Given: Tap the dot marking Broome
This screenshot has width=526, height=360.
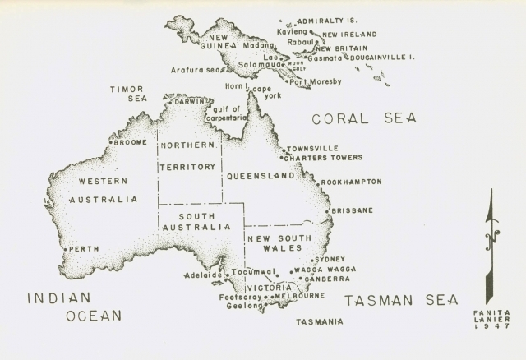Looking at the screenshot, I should coord(110,142).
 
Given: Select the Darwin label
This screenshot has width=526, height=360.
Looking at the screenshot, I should coord(191,101).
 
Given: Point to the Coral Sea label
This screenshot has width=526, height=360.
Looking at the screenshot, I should coord(362,118).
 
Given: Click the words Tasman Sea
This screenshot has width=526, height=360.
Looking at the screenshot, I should coord(400,300).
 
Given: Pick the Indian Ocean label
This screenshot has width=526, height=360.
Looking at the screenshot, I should coord(74,306).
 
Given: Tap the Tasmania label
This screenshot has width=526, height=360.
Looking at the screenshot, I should coord(320,321).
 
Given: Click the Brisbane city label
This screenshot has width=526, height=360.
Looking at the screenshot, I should coord(353,210).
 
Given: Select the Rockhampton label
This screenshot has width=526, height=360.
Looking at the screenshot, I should coord(352,182).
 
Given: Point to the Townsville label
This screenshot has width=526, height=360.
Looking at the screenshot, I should coord(312,149).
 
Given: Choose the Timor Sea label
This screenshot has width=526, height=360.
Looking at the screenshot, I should coord(127,93).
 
